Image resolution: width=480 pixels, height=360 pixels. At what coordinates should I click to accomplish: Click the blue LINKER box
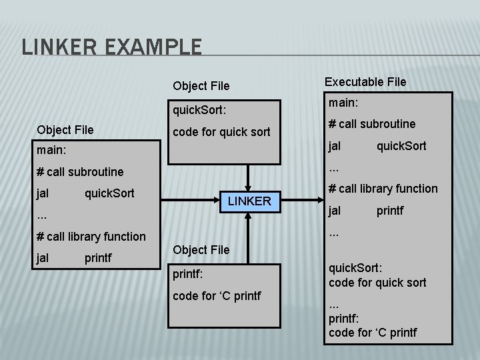(x=249, y=201)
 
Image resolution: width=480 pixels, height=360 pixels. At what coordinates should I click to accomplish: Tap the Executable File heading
(x=365, y=81)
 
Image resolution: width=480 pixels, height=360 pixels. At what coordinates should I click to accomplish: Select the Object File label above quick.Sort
(x=201, y=85)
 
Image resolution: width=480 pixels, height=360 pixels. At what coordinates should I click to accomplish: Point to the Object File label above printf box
(x=201, y=249)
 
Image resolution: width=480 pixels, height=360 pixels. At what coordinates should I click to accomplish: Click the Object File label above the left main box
(x=65, y=129)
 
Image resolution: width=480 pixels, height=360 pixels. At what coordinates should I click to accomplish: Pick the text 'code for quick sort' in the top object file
(x=221, y=131)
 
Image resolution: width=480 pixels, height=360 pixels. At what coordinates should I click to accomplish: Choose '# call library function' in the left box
(x=91, y=236)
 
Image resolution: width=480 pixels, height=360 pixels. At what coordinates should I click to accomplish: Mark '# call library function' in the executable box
(x=383, y=189)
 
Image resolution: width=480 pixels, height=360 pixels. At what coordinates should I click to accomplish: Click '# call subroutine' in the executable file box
(x=372, y=124)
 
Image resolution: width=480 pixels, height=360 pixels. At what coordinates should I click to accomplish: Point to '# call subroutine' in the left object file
(x=80, y=171)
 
